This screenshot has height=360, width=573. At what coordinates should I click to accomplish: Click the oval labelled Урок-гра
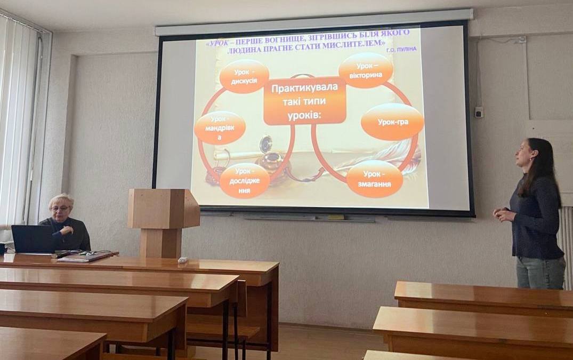click(x=392, y=122)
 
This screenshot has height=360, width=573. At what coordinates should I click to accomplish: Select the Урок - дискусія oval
click(x=244, y=76)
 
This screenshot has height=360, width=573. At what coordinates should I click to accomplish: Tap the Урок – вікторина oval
click(x=366, y=70)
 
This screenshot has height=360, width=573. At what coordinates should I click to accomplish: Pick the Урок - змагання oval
click(x=374, y=179)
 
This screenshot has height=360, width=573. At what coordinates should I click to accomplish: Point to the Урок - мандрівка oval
click(x=220, y=128)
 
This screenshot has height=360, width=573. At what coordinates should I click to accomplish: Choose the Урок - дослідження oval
click(x=245, y=181)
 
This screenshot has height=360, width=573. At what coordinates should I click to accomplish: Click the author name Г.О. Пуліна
click(x=401, y=49)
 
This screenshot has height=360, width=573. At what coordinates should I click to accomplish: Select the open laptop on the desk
click(x=33, y=239)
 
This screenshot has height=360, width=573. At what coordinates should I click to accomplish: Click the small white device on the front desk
click(x=182, y=260)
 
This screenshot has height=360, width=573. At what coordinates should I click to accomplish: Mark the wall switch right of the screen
click(x=479, y=112)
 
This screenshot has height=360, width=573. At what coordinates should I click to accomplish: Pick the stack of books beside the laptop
click(x=86, y=256)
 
